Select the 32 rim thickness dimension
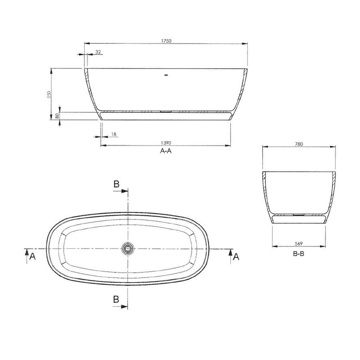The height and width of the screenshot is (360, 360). [98, 52]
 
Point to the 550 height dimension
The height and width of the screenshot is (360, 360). [49, 94]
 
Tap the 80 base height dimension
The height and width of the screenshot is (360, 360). [57, 116]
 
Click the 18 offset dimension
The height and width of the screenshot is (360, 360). [114, 135]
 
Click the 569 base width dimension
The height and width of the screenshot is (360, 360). [298, 243]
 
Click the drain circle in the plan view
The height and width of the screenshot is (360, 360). [128, 249]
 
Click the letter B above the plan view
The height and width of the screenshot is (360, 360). [116, 184]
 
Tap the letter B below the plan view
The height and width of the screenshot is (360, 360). [116, 299]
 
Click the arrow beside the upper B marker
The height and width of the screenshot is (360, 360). [120, 191]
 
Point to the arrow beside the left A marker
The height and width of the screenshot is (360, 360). [26, 253]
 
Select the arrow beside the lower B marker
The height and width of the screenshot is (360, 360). [120, 306]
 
